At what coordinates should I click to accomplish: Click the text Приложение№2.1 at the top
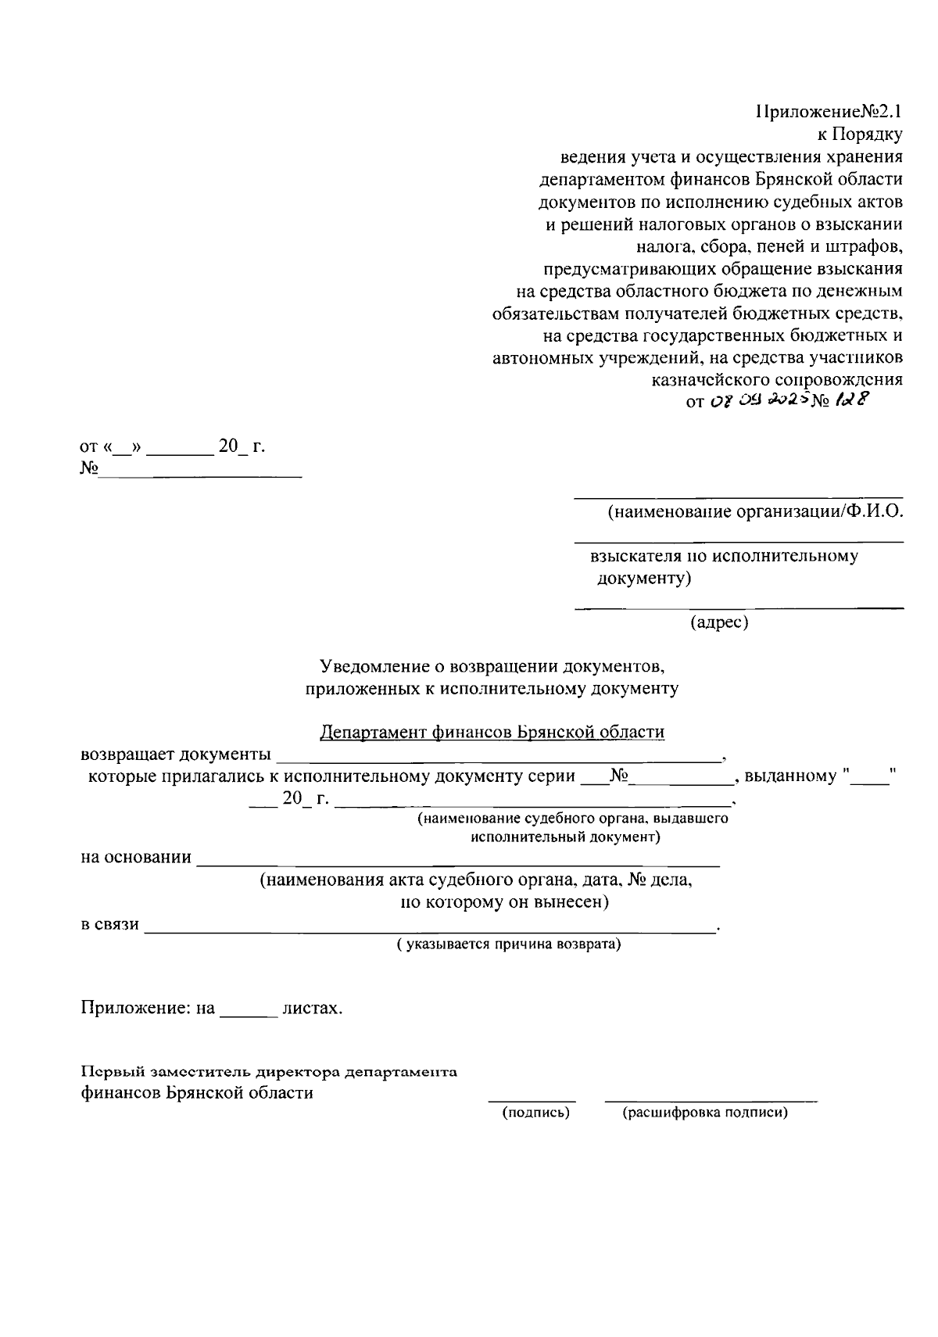(829, 113)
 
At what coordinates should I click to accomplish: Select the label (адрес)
(719, 623)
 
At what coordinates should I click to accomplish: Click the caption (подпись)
(535, 1113)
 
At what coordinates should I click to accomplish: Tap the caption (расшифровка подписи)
(704, 1113)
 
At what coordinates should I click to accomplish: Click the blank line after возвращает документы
(500, 757)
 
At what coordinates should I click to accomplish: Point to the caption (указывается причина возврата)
(508, 944)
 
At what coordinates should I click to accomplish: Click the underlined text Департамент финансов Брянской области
(492, 733)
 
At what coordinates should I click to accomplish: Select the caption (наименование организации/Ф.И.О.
(755, 513)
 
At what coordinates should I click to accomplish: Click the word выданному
(790, 777)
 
